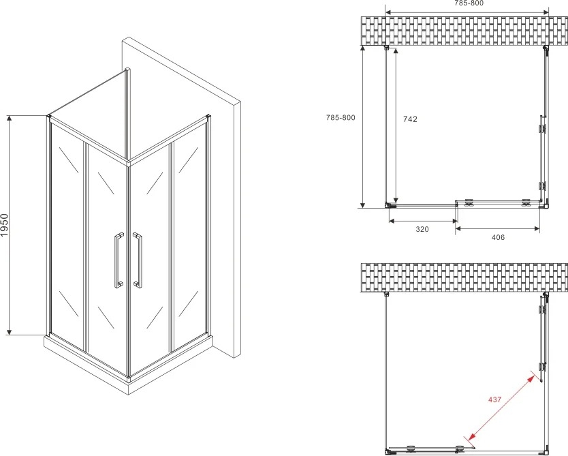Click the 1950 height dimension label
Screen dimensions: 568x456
point(4,225)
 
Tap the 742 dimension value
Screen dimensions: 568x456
point(411,119)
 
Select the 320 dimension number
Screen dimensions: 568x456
point(422,229)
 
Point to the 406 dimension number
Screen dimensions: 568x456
point(498,237)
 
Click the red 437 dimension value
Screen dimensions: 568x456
point(495,399)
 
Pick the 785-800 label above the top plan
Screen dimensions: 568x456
point(469,3)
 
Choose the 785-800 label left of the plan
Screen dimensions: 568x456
point(341,117)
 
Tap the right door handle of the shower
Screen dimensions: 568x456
point(138,260)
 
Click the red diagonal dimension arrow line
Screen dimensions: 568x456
point(502,408)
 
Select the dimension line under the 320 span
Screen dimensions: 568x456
point(423,221)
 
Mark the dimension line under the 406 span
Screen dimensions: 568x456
point(498,228)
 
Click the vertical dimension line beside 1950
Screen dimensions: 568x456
point(10,225)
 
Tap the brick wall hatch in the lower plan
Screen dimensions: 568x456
point(464,277)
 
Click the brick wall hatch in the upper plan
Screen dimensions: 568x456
point(464,31)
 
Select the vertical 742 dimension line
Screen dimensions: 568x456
point(396,125)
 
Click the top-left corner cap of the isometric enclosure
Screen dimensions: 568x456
point(48,116)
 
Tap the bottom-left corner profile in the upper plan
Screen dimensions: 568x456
point(390,206)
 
